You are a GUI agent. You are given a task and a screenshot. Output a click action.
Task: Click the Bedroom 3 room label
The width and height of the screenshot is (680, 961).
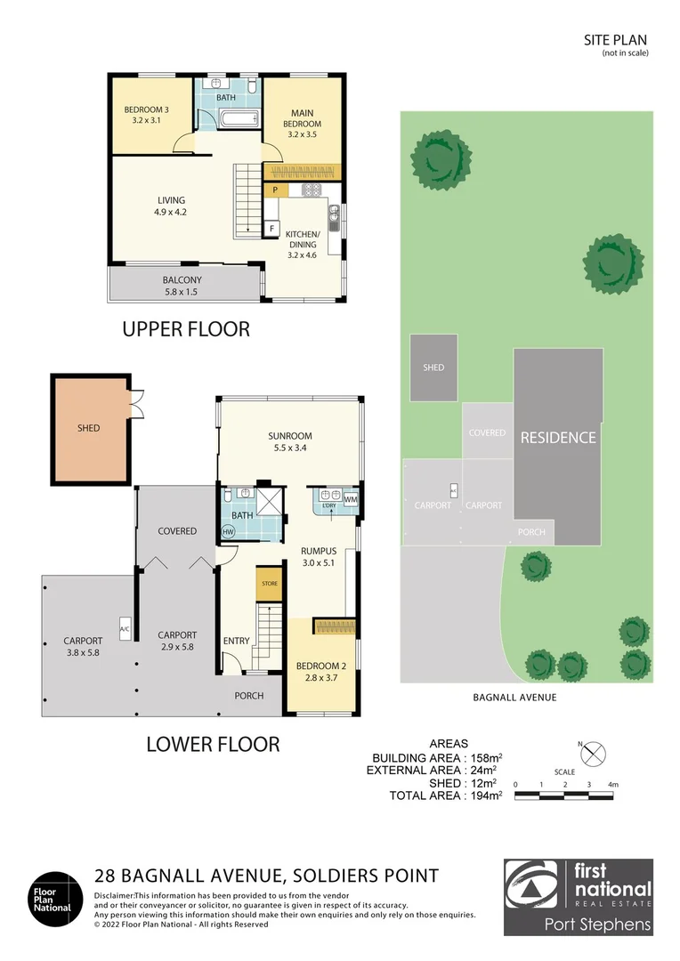[147, 115]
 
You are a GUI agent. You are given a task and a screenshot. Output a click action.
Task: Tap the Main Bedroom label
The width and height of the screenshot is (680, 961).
[303, 123]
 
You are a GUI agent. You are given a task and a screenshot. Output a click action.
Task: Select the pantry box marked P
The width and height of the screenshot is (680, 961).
[276, 190]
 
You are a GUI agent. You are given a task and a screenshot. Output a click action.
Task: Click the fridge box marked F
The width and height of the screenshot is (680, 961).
[271, 230]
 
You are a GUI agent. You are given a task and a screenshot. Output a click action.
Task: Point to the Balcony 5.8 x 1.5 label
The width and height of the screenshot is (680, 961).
[182, 286]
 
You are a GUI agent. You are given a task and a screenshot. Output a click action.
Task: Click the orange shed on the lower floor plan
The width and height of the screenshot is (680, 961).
[91, 429]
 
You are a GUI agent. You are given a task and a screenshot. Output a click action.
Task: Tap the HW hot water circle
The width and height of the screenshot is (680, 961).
[228, 532]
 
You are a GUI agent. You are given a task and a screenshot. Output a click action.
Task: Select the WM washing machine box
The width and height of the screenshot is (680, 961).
[350, 499]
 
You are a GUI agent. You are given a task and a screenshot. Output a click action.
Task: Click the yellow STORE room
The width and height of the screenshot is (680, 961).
[269, 584]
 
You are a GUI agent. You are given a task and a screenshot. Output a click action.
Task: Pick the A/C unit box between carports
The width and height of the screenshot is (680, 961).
[125, 629]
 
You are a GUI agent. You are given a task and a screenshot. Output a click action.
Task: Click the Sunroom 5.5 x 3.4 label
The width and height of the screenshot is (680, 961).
[290, 442]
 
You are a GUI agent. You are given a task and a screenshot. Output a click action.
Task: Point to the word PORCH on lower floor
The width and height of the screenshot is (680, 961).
[249, 696]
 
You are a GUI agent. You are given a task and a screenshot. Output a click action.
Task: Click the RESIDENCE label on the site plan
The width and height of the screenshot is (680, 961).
[558, 438]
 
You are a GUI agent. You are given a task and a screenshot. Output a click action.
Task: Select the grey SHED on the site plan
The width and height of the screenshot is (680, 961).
[433, 367]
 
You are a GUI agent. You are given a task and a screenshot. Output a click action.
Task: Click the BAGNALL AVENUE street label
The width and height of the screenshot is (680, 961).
[515, 698]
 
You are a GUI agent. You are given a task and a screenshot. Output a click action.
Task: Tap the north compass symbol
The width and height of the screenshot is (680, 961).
[592, 754]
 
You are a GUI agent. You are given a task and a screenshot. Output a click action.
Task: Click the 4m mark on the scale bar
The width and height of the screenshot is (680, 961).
[613, 785]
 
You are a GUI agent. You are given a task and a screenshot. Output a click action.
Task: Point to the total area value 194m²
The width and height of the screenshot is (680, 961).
[483, 795]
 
